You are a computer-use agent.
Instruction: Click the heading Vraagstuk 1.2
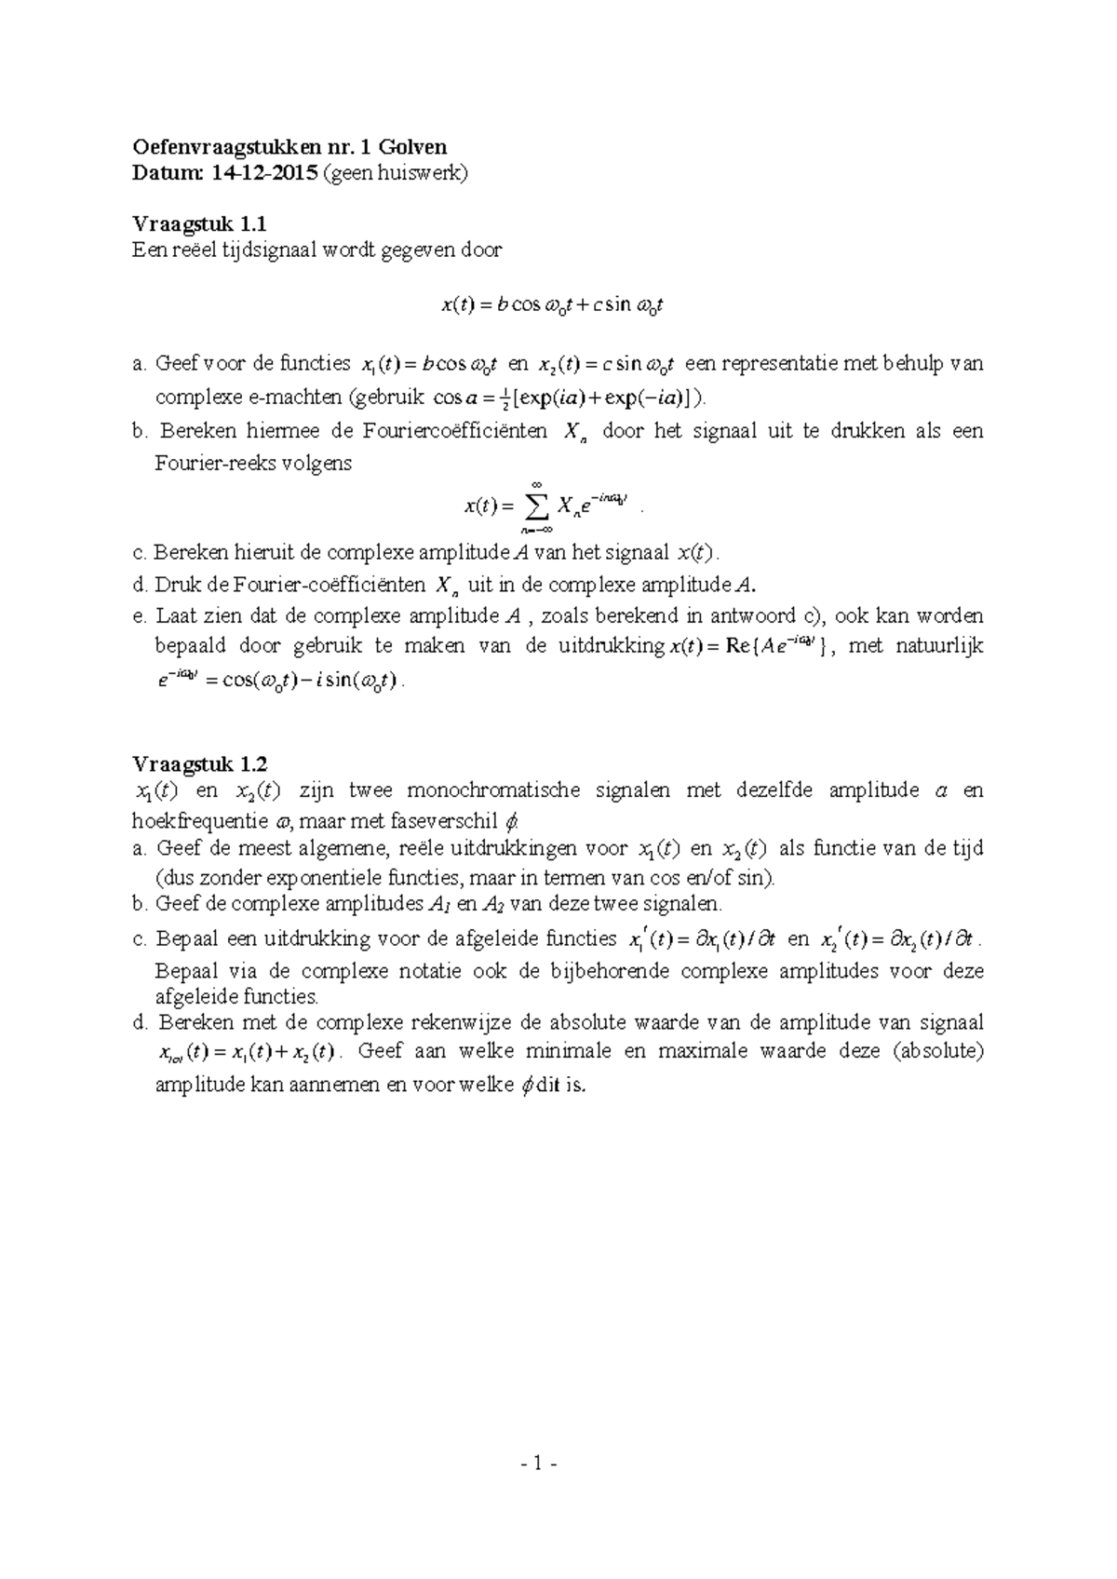click(x=199, y=764)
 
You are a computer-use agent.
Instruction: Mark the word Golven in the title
click(x=415, y=146)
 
